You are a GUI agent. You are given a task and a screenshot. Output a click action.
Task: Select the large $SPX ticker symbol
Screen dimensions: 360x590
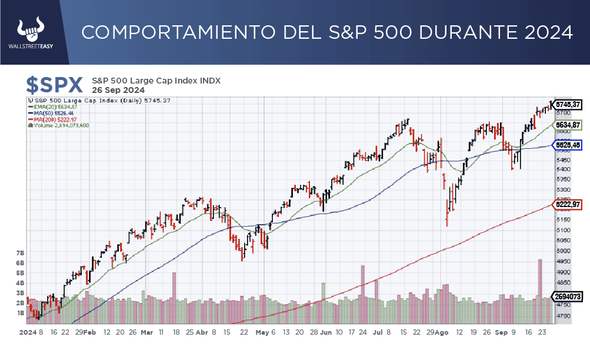55,85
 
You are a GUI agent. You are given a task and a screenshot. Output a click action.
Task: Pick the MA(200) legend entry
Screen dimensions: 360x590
51,119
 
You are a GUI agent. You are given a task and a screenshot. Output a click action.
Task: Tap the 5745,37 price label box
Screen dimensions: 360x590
568,105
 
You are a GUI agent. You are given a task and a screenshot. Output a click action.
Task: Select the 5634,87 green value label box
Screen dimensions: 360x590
568,125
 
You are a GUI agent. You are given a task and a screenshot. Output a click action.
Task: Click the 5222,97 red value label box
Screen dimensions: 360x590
568,204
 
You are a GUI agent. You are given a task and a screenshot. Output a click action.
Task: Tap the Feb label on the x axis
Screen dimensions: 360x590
90,332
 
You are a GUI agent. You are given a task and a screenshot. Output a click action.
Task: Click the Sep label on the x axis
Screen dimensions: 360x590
501,332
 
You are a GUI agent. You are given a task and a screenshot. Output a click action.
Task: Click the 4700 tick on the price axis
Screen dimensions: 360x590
564,316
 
